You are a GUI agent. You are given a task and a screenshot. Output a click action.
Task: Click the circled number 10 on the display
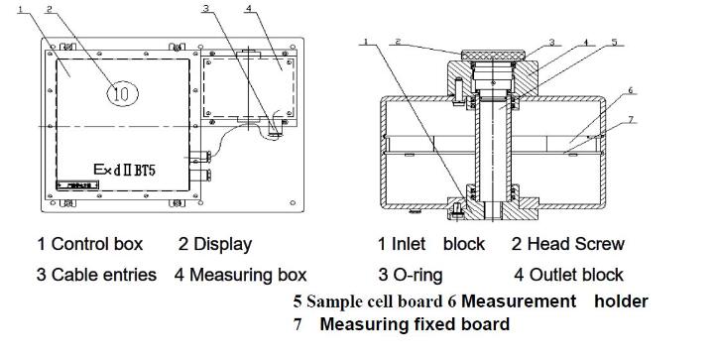click(x=122, y=93)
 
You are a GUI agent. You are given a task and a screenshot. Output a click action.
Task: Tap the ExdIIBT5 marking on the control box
click(x=125, y=170)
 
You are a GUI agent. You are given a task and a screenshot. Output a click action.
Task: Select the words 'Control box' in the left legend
click(x=97, y=244)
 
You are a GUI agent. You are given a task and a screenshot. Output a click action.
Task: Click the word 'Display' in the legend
click(x=222, y=244)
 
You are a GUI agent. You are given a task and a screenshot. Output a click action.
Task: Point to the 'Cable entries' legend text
click(x=104, y=275)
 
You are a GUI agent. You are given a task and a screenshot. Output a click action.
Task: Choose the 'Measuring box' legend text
click(x=248, y=275)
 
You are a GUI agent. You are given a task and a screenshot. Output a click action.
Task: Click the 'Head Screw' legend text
click(x=576, y=244)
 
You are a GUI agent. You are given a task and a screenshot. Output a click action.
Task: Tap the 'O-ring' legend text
click(x=418, y=275)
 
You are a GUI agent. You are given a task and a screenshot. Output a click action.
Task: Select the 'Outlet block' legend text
click(x=576, y=275)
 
